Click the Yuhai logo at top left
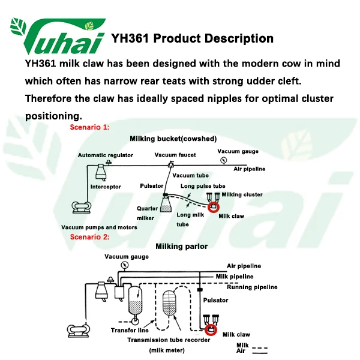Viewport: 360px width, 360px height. pos(57,35)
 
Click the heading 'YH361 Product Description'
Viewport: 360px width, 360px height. pos(192,39)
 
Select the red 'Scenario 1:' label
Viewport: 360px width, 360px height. pos(90,128)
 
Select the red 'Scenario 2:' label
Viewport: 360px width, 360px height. pos(90,237)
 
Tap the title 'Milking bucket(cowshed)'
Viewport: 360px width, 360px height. pos(173,139)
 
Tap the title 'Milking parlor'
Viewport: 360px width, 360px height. pos(181,246)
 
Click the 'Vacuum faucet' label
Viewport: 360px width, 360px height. pos(175,155)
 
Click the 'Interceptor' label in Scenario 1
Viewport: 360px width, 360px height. pos(106,187)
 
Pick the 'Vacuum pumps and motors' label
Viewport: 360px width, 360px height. pos(99,227)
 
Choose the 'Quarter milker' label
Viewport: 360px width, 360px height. pos(147,214)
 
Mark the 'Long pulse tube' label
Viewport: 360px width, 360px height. pos(203,186)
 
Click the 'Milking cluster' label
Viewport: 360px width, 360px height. pos(242,194)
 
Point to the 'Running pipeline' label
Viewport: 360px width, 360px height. pos(251,287)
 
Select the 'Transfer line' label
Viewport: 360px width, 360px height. pos(130,330)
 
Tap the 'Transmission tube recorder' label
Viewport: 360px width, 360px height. pos(169,340)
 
